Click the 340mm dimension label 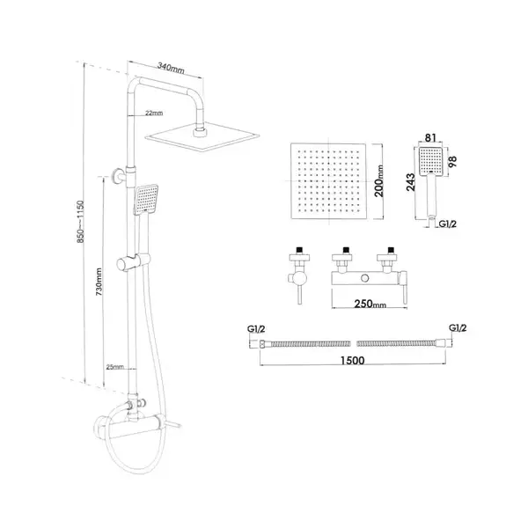(171, 68)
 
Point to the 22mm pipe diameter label (154, 113)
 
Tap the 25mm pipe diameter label (114, 367)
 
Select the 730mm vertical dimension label (99, 282)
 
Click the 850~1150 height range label (80, 222)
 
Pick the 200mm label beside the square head (379, 180)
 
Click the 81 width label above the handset (430, 138)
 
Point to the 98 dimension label (452, 162)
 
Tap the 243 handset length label (411, 182)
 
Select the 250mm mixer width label (370, 304)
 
